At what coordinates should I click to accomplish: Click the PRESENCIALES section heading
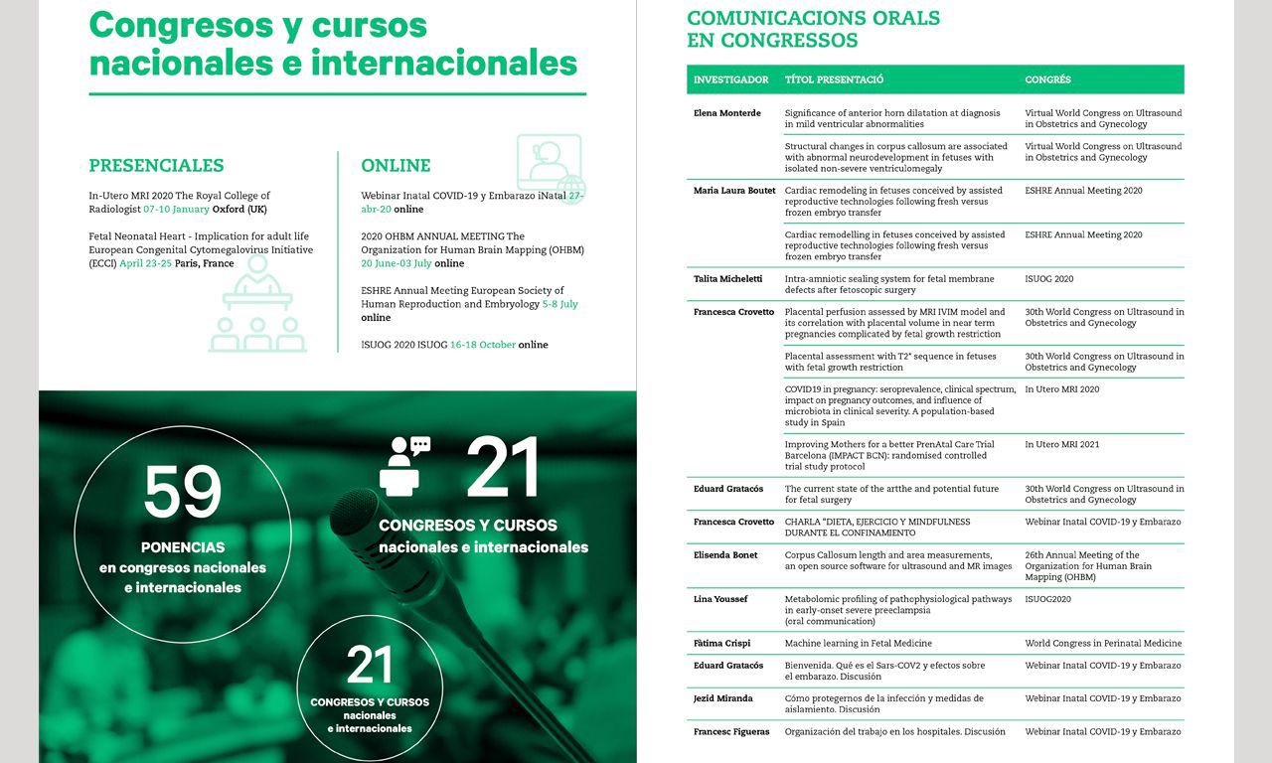tap(156, 166)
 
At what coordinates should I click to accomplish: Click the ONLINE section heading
tap(396, 166)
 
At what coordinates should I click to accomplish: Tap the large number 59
tap(183, 493)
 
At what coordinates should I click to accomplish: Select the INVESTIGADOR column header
tap(730, 79)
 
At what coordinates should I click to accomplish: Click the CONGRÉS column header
tap(1047, 79)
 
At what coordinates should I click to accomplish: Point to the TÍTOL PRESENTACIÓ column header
tap(834, 79)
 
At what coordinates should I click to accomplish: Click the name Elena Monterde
tap(727, 113)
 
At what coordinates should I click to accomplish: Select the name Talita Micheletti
tap(727, 279)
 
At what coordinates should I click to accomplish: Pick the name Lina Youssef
tap(719, 599)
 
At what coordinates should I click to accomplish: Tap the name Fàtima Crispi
tap(721, 644)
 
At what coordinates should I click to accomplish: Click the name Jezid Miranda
tap(722, 698)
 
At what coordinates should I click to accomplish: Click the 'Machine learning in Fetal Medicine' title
tap(858, 644)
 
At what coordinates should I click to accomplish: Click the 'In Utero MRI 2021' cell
tap(1062, 445)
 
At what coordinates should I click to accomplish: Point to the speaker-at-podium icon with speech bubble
tap(403, 465)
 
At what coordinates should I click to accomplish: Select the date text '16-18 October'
tap(482, 345)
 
